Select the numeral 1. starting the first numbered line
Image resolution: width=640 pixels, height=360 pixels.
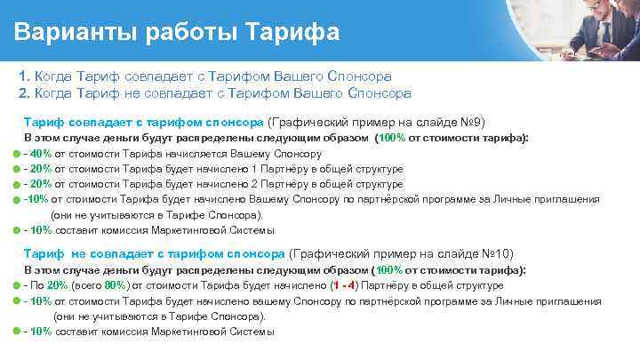coord(24,77)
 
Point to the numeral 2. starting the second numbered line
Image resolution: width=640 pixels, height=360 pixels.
coord(24,92)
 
